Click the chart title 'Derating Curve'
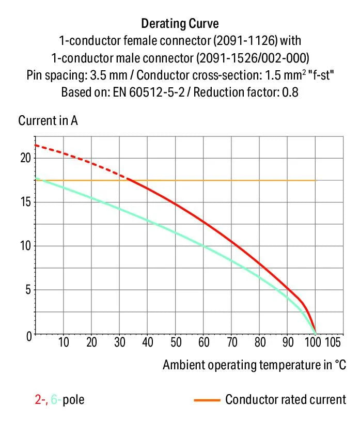(x=180, y=24)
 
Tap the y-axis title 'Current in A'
(x=48, y=121)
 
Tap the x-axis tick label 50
(x=176, y=342)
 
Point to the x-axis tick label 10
(x=64, y=342)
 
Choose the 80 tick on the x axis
(x=260, y=342)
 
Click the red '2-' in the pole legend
(x=39, y=399)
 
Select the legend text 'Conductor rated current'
(x=285, y=399)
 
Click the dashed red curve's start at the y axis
(x=35, y=145)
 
